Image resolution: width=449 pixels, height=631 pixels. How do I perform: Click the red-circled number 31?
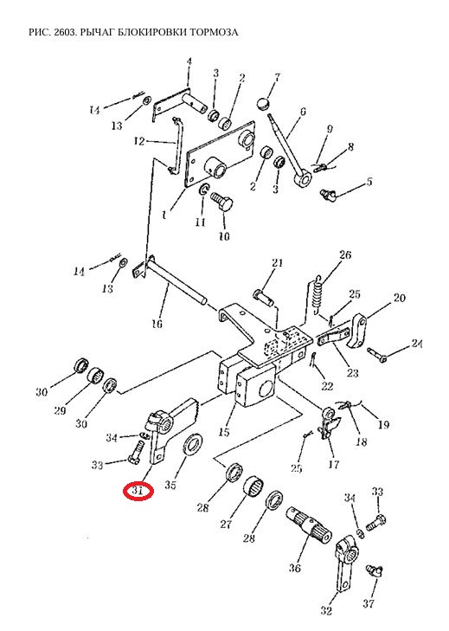click(x=138, y=492)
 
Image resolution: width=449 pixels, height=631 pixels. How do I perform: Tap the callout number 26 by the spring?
click(x=345, y=255)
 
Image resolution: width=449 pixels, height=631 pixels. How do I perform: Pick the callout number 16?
click(x=157, y=324)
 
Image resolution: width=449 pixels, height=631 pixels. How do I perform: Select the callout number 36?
click(x=294, y=568)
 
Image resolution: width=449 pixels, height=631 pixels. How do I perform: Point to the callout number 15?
click(x=224, y=432)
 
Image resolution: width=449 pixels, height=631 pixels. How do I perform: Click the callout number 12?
click(x=139, y=142)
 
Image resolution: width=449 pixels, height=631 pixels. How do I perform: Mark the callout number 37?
click(x=369, y=603)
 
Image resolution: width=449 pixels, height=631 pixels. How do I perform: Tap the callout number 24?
click(x=416, y=344)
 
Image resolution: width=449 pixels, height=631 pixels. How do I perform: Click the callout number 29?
click(x=60, y=410)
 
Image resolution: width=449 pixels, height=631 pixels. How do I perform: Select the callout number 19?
click(x=383, y=424)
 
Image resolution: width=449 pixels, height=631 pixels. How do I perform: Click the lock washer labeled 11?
click(x=203, y=190)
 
